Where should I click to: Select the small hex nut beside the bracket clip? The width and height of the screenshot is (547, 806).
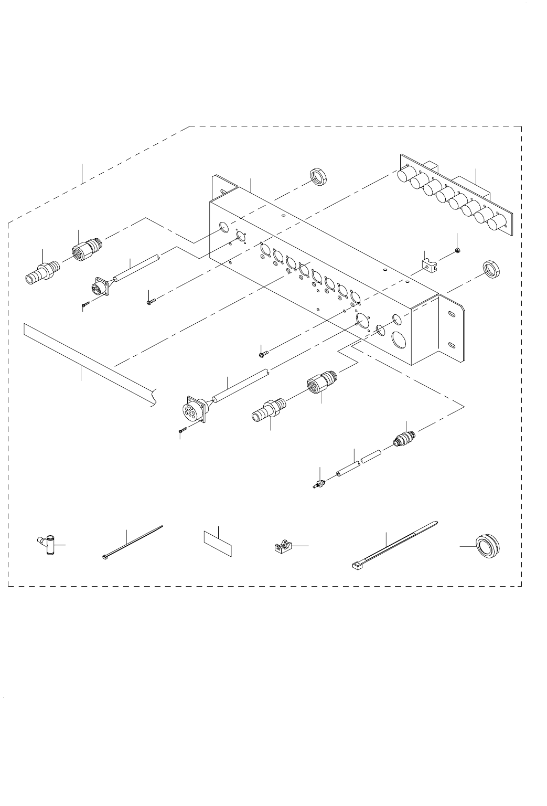(x=458, y=251)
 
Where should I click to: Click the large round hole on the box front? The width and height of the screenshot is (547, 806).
(x=401, y=340)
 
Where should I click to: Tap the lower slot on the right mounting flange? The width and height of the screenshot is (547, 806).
(x=451, y=345)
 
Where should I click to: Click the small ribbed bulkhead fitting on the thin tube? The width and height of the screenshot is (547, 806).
(x=404, y=438)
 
